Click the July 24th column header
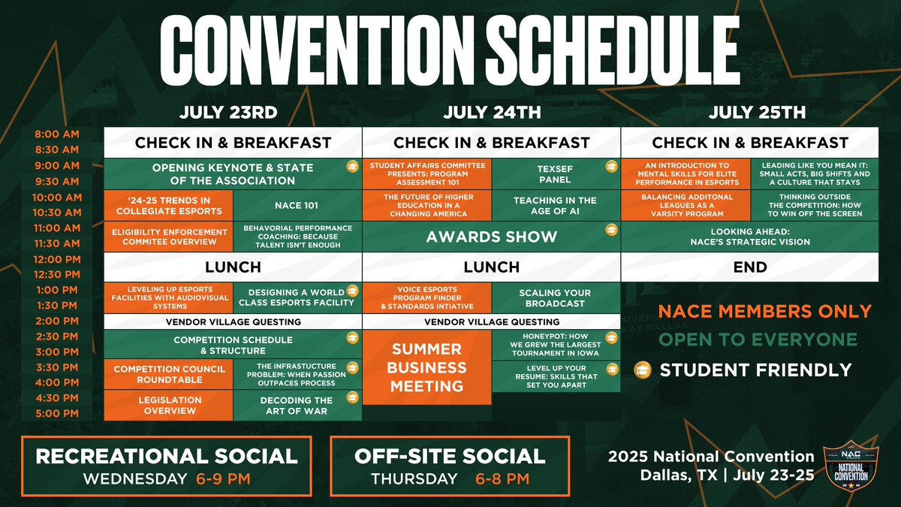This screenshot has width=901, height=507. (x=492, y=113)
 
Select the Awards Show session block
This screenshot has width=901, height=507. (x=492, y=237)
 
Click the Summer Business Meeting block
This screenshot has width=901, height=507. (x=426, y=368)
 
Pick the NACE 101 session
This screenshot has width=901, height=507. (x=297, y=204)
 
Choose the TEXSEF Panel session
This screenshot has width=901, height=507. (x=556, y=173)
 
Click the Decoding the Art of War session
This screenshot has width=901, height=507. (x=297, y=406)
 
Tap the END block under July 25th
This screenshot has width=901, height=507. (x=749, y=267)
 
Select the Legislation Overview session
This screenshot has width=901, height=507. (x=168, y=406)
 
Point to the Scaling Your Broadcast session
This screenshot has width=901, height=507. (x=555, y=298)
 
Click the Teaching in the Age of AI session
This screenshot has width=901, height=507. (x=555, y=205)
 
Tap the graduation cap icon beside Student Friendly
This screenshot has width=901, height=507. (x=643, y=370)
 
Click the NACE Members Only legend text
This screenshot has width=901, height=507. (x=764, y=311)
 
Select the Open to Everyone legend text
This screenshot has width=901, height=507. (x=757, y=340)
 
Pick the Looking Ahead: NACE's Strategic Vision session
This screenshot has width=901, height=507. (x=749, y=237)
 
